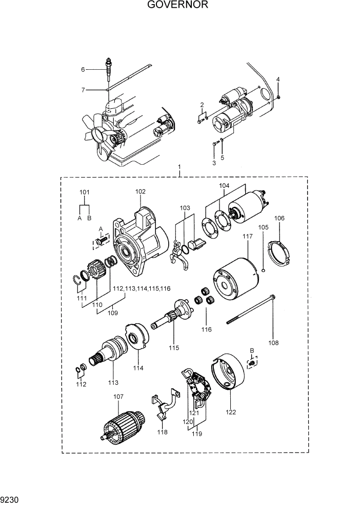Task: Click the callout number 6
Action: [x=82, y=69]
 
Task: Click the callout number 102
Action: [x=141, y=191]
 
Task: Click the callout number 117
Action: [x=248, y=237]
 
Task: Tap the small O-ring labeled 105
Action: [x=263, y=268]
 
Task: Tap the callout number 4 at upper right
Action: [x=278, y=79]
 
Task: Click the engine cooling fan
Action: [x=98, y=132]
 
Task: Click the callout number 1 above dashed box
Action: [x=179, y=167]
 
